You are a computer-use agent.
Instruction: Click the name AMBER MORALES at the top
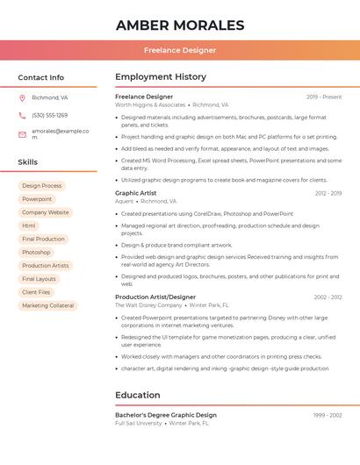(180, 25)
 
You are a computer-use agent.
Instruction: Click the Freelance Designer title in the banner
(180, 50)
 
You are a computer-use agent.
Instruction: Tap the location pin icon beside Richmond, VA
(22, 97)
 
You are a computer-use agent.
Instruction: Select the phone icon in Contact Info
(22, 115)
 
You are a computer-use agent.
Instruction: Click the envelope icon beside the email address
(22, 133)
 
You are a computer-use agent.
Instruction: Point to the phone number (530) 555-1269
(49, 115)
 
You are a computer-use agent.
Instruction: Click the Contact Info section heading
(40, 77)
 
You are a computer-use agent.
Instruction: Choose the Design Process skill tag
(42, 186)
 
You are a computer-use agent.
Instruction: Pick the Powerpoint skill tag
(37, 199)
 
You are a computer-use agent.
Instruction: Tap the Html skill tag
(29, 225)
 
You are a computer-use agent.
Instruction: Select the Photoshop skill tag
(36, 252)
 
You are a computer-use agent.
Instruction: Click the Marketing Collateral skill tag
(48, 305)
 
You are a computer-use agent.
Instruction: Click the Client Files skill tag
(36, 292)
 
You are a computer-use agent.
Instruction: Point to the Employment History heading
(161, 77)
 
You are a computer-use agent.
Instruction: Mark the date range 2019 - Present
(324, 97)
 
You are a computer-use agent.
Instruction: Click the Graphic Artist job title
(135, 192)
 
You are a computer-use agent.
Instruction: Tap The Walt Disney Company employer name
(148, 305)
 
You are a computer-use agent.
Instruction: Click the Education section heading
(138, 395)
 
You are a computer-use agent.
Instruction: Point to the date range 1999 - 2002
(328, 415)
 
